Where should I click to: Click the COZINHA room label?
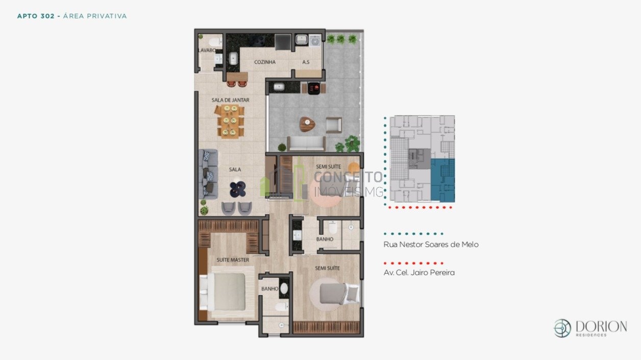(x=265, y=62)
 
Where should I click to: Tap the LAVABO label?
(x=207, y=50)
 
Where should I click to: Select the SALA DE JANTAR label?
(x=230, y=100)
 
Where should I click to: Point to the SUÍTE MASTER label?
(x=233, y=260)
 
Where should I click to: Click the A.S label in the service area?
(x=306, y=62)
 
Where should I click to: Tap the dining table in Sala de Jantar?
(x=230, y=122)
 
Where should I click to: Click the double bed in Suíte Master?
(x=226, y=292)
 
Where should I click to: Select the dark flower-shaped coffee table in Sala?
(x=237, y=189)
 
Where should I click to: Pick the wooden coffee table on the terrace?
(x=307, y=124)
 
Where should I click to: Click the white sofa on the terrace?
(x=307, y=143)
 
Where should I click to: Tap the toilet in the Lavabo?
(x=215, y=42)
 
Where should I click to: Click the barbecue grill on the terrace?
(x=314, y=88)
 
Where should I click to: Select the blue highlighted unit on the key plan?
(x=443, y=180)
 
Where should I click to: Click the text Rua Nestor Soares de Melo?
(x=431, y=245)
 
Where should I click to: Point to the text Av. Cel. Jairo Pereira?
(x=419, y=272)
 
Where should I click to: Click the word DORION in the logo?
(x=601, y=326)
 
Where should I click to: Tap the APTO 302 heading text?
(x=36, y=16)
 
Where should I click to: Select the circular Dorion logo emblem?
(x=562, y=328)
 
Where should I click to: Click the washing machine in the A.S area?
(x=315, y=41)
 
